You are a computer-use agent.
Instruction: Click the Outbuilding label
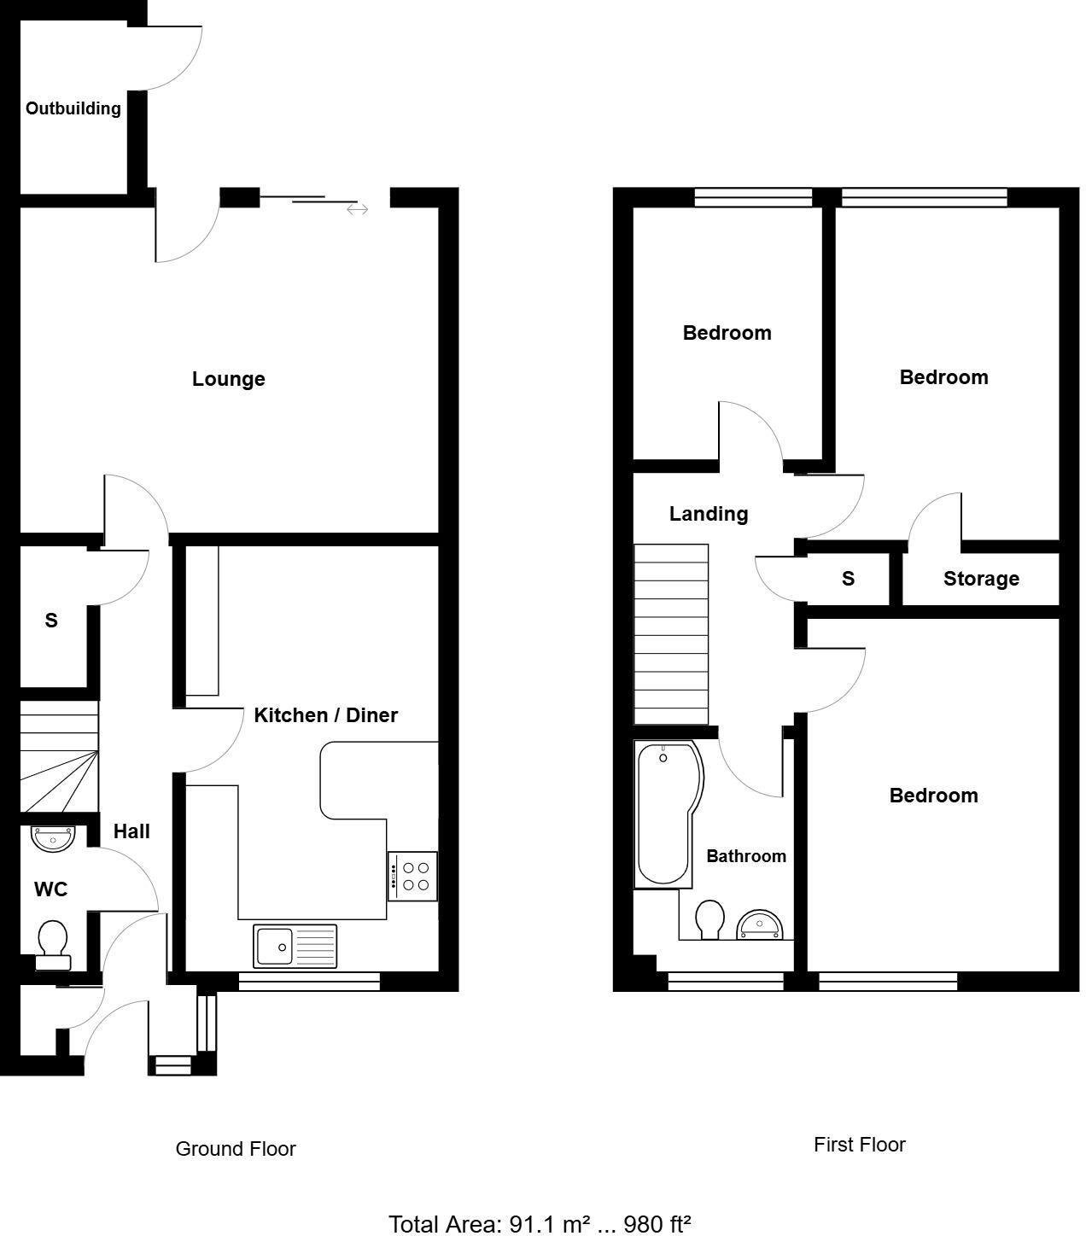tap(73, 108)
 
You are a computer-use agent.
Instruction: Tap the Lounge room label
tap(228, 379)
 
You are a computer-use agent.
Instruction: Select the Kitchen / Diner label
tap(325, 715)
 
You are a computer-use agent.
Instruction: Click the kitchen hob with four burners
tap(413, 876)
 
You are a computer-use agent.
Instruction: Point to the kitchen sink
tap(295, 946)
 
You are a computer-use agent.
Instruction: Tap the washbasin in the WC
tap(54, 837)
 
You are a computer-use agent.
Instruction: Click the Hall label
tap(131, 831)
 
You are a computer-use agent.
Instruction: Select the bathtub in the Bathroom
tap(667, 813)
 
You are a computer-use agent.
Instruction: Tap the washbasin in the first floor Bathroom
tap(758, 924)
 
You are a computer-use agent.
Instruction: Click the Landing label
tap(708, 514)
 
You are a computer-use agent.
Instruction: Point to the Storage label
tap(981, 579)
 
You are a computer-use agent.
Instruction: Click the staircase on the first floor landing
tap(671, 634)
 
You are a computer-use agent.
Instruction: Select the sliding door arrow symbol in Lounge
tap(357, 209)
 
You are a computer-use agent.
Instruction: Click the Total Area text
tap(540, 1224)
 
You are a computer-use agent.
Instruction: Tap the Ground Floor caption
tap(236, 1149)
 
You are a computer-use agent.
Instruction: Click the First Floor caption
tap(859, 1145)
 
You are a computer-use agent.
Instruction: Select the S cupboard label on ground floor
tap(51, 621)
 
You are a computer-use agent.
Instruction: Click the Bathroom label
tap(745, 856)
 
